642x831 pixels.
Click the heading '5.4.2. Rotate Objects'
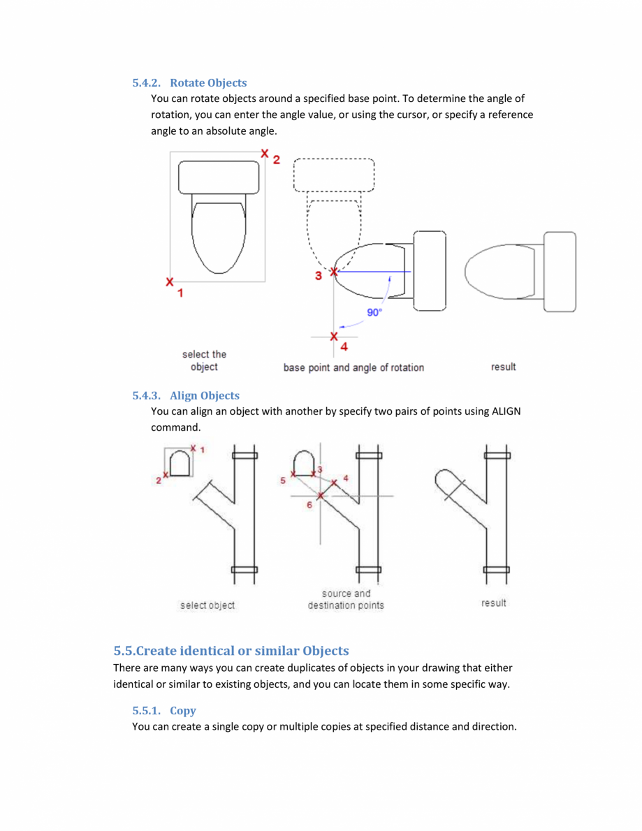189,83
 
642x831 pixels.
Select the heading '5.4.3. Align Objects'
186,396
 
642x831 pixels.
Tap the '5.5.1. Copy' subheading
164,711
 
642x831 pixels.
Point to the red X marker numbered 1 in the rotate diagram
170,282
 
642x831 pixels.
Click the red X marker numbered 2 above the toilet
264,153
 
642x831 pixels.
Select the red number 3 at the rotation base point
319,276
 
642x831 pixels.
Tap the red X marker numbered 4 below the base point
334,337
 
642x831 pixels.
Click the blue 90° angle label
375,312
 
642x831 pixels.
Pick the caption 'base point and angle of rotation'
353,367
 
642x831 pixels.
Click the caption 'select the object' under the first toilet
204,360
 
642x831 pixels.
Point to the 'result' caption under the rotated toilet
503,367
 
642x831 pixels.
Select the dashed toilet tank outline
334,175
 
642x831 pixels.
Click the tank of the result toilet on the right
560,271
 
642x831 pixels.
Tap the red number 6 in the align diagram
309,505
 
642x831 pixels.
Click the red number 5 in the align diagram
284,480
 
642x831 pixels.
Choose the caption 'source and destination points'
346,599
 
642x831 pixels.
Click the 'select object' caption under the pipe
207,605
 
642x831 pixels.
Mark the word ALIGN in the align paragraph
506,411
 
